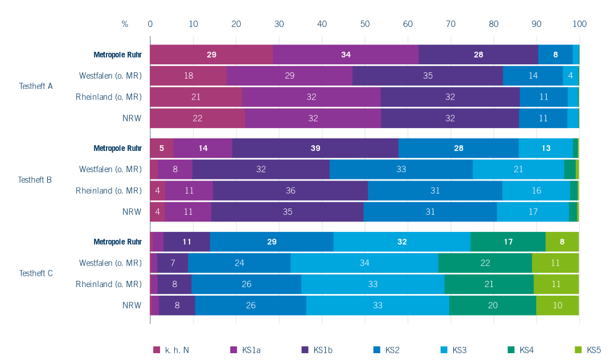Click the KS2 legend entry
click(392, 350)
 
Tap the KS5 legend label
click(594, 350)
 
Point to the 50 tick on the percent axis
click(365, 24)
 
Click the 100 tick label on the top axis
click(579, 24)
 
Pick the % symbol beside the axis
click(125, 24)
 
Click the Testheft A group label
click(36, 87)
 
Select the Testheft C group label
click(36, 273)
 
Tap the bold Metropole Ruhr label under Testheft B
click(117, 148)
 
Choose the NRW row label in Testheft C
click(132, 305)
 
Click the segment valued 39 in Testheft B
click(315, 148)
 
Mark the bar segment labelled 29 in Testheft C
click(272, 242)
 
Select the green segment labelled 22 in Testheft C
click(485, 263)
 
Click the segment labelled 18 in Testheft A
click(188, 76)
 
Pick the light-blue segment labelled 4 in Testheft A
click(570, 76)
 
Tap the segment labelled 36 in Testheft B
click(290, 190)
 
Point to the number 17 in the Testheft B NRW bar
click(533, 211)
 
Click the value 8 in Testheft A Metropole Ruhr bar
click(555, 55)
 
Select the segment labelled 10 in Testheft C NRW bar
click(557, 305)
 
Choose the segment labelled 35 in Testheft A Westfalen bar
click(428, 76)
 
